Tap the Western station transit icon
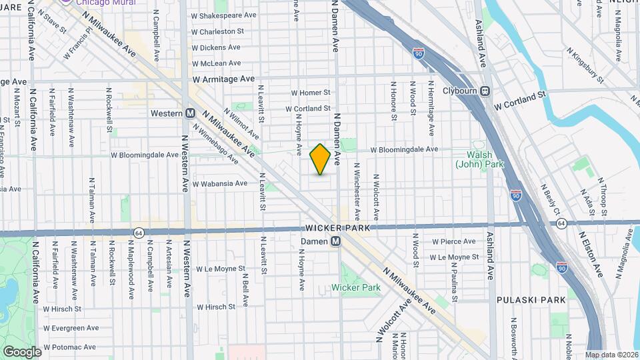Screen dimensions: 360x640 click(x=190, y=113)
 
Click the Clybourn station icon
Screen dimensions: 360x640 click(x=485, y=91)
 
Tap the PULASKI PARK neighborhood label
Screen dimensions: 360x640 click(x=531, y=300)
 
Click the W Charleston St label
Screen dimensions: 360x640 click(x=217, y=31)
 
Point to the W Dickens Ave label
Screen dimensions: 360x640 click(x=216, y=47)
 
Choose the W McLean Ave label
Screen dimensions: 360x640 click(x=216, y=63)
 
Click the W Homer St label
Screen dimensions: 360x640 click(x=310, y=93)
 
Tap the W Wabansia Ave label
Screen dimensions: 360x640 click(x=219, y=184)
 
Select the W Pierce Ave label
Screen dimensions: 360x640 click(x=453, y=241)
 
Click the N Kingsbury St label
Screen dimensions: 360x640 click(x=585, y=65)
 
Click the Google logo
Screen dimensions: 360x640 click(x=22, y=351)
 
